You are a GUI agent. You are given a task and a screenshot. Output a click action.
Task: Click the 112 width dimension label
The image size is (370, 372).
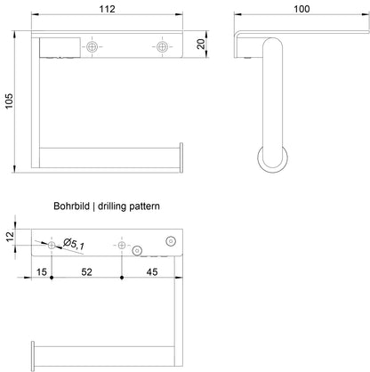click(107, 9)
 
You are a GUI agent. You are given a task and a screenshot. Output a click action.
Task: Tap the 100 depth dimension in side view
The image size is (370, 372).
click(302, 9)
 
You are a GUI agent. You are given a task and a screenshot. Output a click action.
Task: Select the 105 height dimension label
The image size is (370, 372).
click(9, 101)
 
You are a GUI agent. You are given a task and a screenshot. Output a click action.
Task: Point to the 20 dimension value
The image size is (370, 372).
click(201, 44)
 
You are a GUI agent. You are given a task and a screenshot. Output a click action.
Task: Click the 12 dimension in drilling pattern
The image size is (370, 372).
click(10, 237)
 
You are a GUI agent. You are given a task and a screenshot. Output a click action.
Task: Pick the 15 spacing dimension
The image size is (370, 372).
click(42, 271)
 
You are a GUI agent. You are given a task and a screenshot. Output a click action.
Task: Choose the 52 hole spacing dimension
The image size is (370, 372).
click(86, 271)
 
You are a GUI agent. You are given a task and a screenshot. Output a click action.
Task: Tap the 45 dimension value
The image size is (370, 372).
click(152, 271)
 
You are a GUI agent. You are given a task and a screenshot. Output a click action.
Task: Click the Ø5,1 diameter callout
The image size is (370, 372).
click(74, 244)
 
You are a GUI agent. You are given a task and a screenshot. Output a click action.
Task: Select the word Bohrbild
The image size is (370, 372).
click(71, 206)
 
